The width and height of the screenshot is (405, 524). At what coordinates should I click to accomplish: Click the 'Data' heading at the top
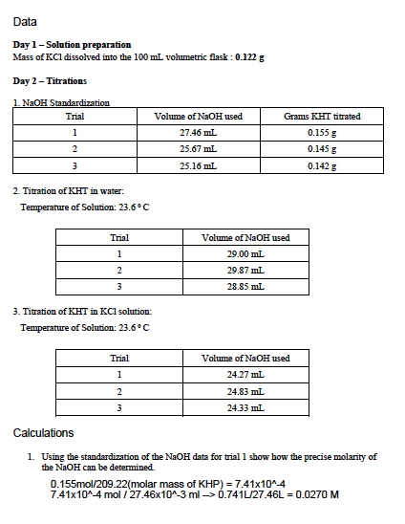[x=26, y=22]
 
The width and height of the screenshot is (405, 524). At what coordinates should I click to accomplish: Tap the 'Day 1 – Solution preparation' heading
[x=72, y=45]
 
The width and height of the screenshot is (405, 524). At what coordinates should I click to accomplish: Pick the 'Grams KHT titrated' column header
[x=323, y=117]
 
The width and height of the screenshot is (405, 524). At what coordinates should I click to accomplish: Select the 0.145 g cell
[x=323, y=149]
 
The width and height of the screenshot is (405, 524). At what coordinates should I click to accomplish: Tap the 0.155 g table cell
[x=323, y=133]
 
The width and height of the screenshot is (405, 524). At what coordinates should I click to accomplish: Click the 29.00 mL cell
[x=245, y=253]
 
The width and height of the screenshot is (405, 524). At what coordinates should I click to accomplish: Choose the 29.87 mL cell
[x=245, y=270]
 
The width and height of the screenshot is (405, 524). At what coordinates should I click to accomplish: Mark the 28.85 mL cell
[x=245, y=286]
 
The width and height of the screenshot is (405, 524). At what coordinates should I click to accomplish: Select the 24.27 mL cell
[x=245, y=374]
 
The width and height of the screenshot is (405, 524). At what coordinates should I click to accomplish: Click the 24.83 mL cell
[x=245, y=390]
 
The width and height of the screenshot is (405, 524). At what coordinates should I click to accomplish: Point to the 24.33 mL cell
[x=245, y=406]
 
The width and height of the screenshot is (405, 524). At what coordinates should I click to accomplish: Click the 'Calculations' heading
[x=43, y=433]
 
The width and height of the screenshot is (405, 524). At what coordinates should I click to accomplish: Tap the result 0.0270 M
[x=319, y=493]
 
